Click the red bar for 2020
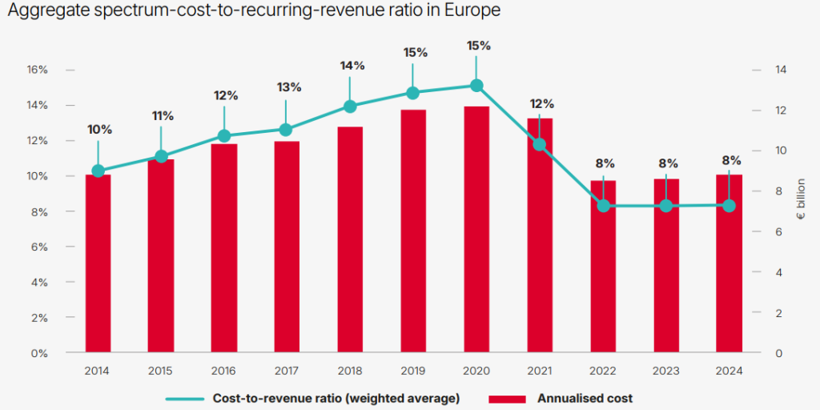click(476, 232)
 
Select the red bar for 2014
click(98, 264)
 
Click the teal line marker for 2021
click(540, 145)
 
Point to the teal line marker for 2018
click(350, 107)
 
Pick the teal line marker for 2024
click(729, 206)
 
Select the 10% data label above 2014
click(99, 130)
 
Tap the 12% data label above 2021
click(541, 103)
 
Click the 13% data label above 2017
click(289, 87)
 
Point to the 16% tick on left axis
click(37, 70)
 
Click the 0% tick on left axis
click(40, 353)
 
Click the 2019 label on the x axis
click(413, 372)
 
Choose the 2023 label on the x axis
click(666, 372)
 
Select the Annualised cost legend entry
click(585, 398)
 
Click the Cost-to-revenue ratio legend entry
click(336, 398)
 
